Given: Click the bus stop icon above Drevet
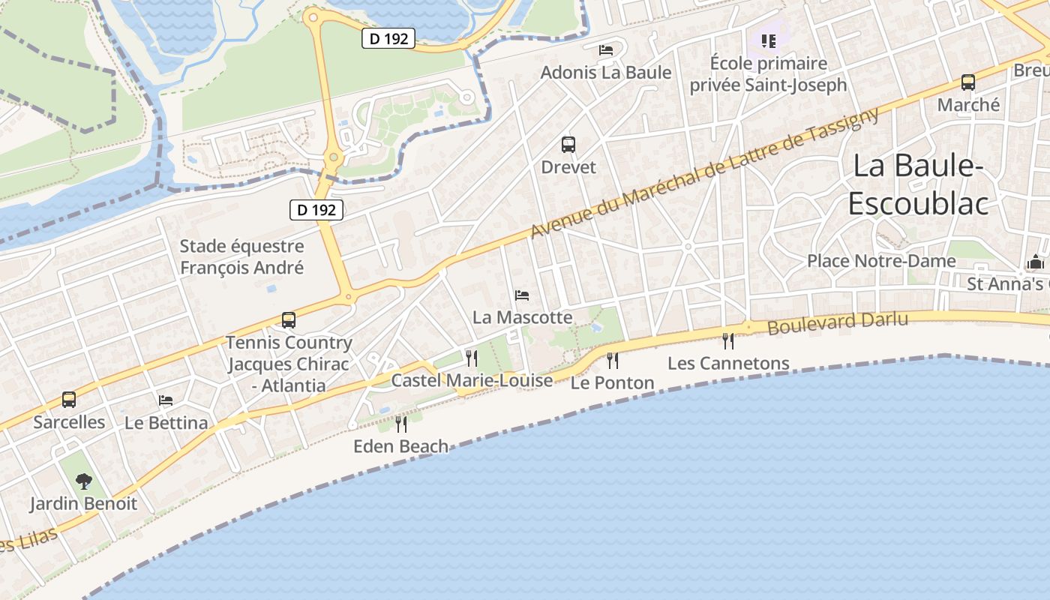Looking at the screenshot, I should pos(568,144).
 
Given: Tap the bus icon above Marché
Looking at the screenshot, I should pos(968,82).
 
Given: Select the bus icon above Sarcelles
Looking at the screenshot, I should pos(69,400).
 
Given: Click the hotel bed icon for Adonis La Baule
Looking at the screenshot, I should pos(606,50).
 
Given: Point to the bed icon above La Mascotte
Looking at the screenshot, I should pos(522,295).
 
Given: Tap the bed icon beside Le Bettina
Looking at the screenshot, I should pos(166,400).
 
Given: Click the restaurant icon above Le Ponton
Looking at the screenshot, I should pos(613,360).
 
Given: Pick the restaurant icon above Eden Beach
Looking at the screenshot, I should pos(401,424).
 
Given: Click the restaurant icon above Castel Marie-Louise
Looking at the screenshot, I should pos(472,358).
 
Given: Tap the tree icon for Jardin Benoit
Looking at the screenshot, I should pos(84,481).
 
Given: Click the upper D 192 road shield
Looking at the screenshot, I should pos(388,38).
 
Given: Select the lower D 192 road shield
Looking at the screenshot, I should pos(316,210).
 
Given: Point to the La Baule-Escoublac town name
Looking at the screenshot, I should pos(918,184).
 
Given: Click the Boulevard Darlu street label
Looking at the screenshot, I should pos(838,323).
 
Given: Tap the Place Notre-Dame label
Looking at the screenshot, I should pos(881,261).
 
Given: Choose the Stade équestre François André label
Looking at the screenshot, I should pos(241,256).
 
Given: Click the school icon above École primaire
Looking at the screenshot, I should pos(769,40).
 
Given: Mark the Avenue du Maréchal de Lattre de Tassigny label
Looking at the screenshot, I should pos(704,173).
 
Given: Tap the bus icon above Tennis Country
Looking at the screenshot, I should pos(289,320).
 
